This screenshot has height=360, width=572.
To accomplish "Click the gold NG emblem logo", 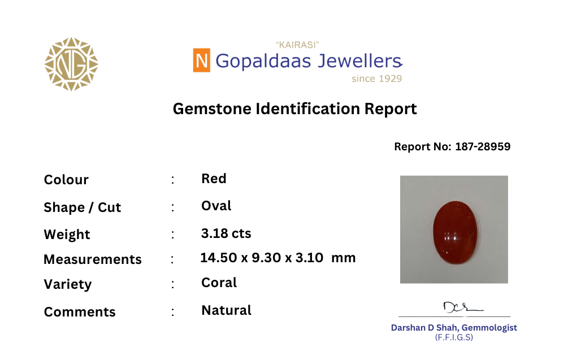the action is (x=71, y=64).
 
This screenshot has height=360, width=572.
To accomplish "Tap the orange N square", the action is (x=201, y=60).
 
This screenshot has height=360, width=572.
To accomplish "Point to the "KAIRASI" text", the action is (x=297, y=45).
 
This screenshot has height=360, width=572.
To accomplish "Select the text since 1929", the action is (x=376, y=79).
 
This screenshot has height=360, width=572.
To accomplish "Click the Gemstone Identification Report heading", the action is (x=294, y=109).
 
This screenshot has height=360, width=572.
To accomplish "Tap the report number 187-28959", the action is (x=483, y=146).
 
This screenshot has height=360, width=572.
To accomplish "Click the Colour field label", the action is (x=66, y=180).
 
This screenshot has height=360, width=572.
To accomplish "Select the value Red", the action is (x=214, y=179).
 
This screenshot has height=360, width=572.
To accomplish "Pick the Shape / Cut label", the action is (x=82, y=207).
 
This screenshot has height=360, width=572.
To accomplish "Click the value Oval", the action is (x=216, y=206).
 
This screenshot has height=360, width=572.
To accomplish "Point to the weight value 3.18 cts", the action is (x=226, y=233).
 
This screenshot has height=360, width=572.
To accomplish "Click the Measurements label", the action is (x=93, y=259).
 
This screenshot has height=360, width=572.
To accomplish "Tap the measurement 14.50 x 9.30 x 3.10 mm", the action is (x=278, y=258).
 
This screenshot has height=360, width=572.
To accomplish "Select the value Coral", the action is (x=219, y=283).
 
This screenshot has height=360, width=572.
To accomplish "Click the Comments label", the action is (x=80, y=312).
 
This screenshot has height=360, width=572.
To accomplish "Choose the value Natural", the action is (x=226, y=310).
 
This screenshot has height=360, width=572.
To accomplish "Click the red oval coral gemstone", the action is (x=455, y=232).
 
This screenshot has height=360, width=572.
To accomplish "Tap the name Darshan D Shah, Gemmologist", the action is (x=454, y=328).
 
